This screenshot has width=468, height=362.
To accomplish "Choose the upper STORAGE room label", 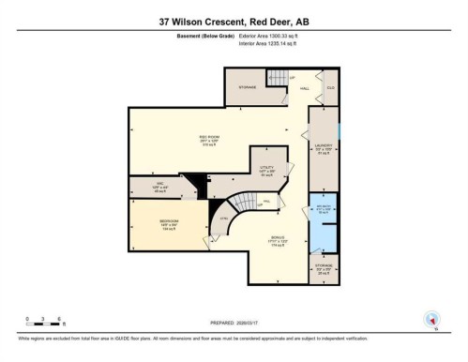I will [x=247, y=86].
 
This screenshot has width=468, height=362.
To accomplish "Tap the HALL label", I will [x=304, y=88].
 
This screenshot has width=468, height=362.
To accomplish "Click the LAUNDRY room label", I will [x=324, y=146].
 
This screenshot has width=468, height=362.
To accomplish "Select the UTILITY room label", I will [x=266, y=167].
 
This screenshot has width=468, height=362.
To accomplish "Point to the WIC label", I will [x=159, y=184].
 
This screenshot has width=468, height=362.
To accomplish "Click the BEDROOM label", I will [x=164, y=225].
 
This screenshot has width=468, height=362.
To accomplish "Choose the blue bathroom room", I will [x=324, y=212].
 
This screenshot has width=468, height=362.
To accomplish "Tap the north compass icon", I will [x=433, y=319].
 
